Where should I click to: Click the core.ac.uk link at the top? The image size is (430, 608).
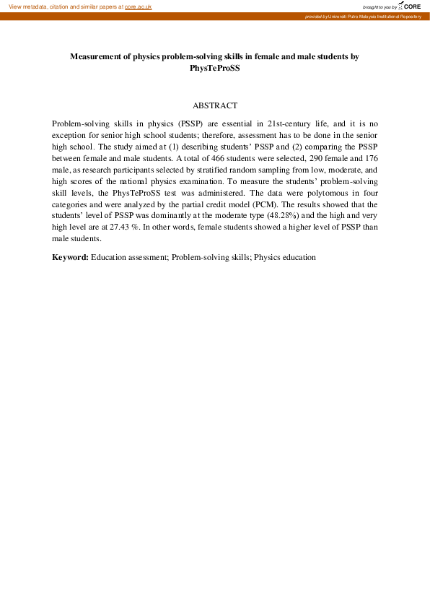coord(138,6)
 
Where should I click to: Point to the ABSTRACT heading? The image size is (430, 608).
coord(215,105)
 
